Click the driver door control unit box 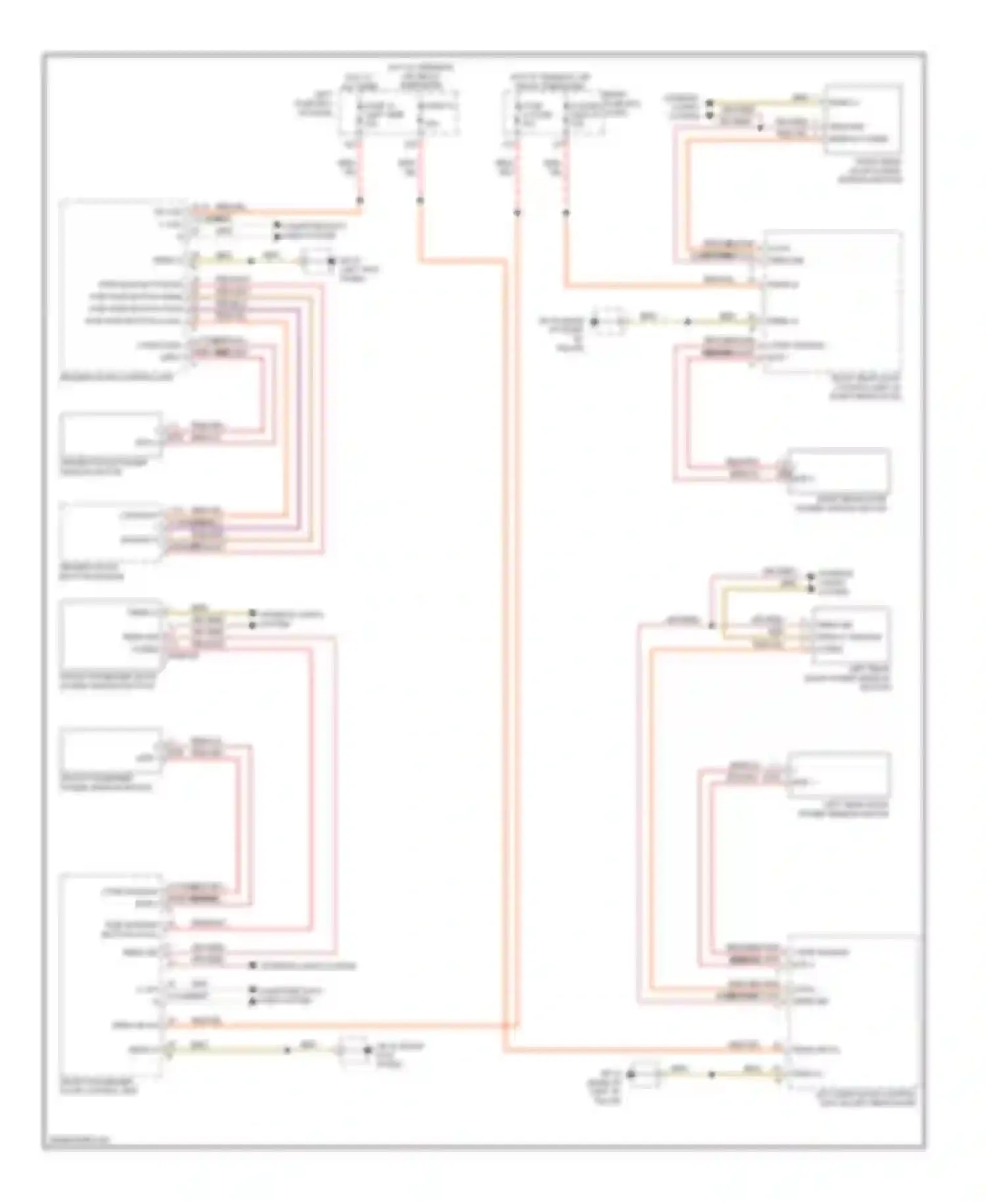click(125, 286)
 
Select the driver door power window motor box click(112, 433)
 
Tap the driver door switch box click(112, 533)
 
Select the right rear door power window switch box click(863, 119)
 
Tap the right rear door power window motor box click(839, 471)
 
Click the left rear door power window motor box click(839, 776)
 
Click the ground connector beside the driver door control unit click(316, 261)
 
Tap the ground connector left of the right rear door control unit click(608, 321)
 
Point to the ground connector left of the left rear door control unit click(644, 1074)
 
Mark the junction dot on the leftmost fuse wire click(360, 200)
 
